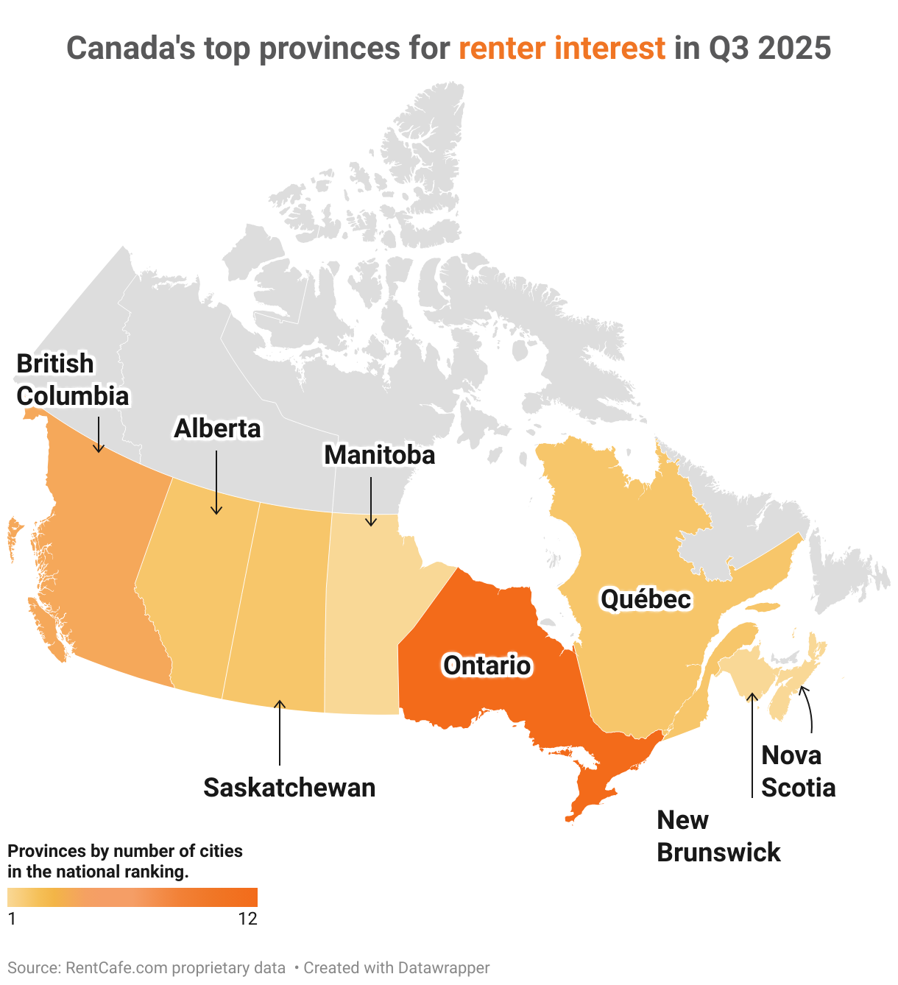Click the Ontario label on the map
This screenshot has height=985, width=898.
pos(487,666)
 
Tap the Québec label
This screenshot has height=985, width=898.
pos(646,599)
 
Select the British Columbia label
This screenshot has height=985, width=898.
pos(72,380)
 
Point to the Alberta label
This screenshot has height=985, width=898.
pos(217,428)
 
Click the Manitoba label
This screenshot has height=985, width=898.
pos(379,455)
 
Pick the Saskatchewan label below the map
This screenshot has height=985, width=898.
pos(289,788)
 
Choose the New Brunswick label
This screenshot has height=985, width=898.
pos(718,836)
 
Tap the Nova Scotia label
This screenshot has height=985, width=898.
pos(798,772)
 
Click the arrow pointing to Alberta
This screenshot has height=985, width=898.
pos(216,483)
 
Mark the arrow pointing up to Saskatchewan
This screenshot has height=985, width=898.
pos(279,732)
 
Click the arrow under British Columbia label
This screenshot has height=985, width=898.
pos(99,434)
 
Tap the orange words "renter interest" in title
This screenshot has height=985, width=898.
pos(562,49)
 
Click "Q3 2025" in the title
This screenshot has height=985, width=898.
pos(770,49)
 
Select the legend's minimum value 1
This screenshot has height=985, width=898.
pos(12,919)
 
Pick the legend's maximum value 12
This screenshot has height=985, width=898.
pos(248,919)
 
